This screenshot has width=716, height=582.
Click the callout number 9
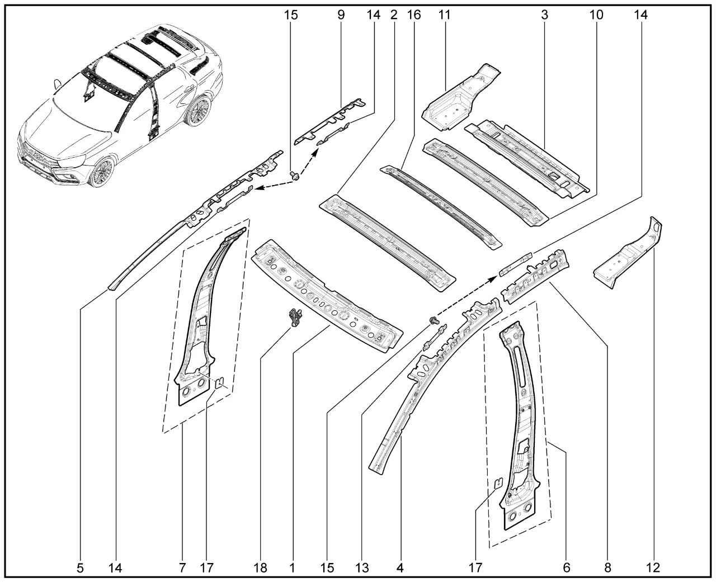341,15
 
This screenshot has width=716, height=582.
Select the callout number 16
414,15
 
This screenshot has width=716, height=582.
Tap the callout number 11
445,15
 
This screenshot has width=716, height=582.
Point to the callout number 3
543,15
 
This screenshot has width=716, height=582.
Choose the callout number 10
596,15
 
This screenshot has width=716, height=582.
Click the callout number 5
80,568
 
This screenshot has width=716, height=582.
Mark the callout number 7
182,568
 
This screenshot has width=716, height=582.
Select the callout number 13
362,568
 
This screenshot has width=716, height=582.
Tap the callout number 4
399,568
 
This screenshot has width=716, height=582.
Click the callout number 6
567,568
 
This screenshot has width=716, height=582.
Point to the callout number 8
607,568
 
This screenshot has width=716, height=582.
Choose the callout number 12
653,568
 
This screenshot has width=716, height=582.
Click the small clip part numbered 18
295,318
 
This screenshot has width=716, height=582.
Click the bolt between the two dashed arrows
295,176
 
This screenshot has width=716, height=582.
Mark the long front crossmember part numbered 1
327,296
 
